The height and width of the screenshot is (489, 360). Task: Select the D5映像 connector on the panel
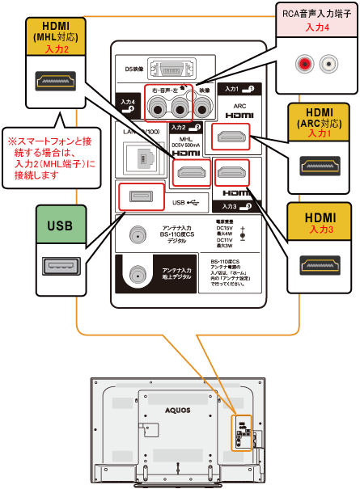[168, 70]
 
